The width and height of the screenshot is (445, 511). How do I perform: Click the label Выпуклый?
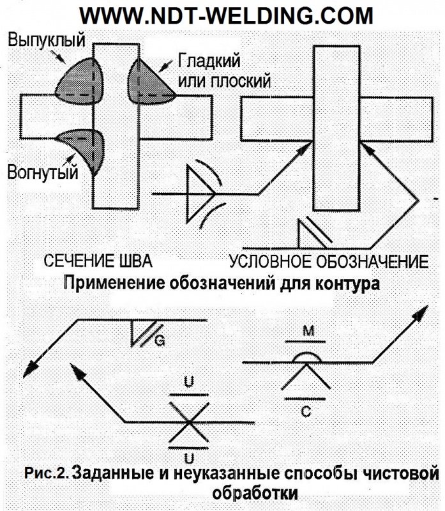tap(47, 40)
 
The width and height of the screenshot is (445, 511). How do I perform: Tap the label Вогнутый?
tap(43, 172)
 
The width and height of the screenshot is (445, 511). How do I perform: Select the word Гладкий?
tap(209, 61)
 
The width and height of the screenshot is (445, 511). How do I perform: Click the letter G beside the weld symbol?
tap(160, 341)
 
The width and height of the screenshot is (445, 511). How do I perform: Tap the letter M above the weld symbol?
tap(308, 331)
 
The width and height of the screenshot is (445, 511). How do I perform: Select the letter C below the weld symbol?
tap(306, 412)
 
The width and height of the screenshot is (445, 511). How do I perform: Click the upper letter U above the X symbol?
tap(189, 381)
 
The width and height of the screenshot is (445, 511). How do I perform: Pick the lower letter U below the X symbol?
tap(189, 458)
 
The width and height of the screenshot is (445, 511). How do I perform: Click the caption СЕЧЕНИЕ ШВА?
tap(98, 261)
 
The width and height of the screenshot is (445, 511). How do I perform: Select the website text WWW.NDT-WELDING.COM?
tap(226, 15)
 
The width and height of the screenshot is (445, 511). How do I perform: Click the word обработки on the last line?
tap(255, 493)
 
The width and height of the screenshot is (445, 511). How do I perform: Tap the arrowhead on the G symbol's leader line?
tap(30, 370)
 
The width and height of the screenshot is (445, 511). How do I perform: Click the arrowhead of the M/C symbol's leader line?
tap(421, 313)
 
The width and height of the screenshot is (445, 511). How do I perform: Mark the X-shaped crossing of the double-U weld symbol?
tap(188, 422)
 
